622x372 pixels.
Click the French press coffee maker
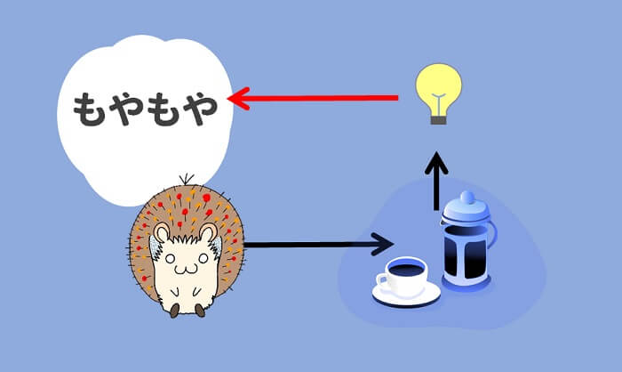[467, 240]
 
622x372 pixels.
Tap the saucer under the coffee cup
[408, 293]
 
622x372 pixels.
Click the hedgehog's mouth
[185, 266]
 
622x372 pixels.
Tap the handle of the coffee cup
[383, 283]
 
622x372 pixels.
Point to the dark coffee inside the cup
[408, 266]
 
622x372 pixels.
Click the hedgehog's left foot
[175, 309]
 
